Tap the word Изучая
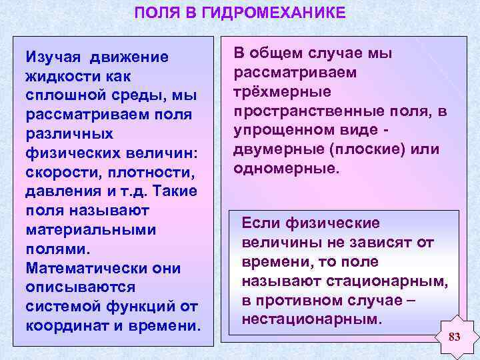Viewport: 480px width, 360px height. (53, 57)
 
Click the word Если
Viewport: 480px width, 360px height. (260, 223)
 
